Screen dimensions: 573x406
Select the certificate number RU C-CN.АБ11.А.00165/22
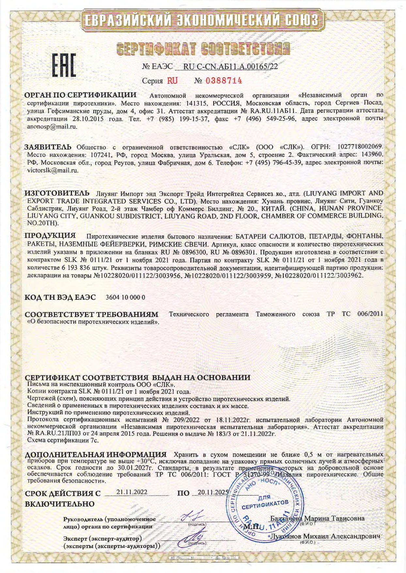230,67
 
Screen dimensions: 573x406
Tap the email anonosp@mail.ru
52,127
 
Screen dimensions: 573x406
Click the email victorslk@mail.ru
53,170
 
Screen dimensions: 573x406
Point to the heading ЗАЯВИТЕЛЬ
48,147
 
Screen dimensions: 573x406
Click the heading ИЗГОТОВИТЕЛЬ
57,192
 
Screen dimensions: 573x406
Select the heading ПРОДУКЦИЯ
51,235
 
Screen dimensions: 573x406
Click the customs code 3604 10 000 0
126,297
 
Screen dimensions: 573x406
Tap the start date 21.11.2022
132,492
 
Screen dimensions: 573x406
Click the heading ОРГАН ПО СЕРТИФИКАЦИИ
81,95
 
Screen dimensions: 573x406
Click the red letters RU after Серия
172,80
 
